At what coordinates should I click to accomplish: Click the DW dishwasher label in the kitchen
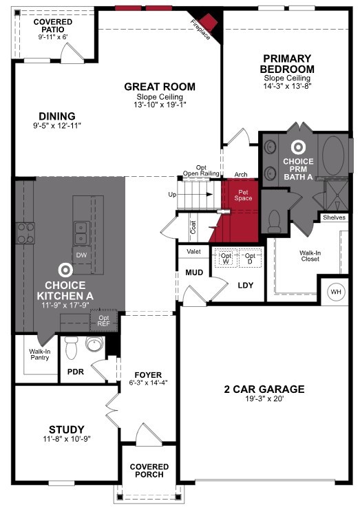tap(81, 254)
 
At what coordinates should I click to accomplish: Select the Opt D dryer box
tap(250, 259)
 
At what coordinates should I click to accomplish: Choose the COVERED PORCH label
tap(149, 471)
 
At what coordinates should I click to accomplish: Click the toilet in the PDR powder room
tap(71, 350)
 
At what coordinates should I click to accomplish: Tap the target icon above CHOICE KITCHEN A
tap(65, 270)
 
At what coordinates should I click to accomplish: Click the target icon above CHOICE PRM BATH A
tap(298, 147)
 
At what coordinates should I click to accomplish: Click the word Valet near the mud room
tap(194, 253)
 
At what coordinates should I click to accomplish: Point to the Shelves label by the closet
tap(334, 217)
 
